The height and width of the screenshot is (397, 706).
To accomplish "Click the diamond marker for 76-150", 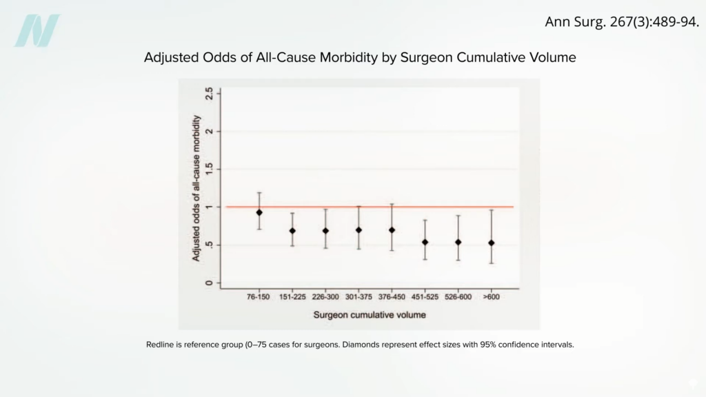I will click(259, 212).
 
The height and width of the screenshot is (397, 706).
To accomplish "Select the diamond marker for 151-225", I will click(292, 231).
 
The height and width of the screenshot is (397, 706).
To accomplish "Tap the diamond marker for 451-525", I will click(425, 242).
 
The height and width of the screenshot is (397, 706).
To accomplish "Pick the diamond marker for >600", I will click(491, 243).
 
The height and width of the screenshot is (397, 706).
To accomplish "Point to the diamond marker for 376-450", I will click(392, 230).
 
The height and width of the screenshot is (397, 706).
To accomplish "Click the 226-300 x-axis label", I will click(325, 298).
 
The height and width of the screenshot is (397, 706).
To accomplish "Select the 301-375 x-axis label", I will click(359, 298).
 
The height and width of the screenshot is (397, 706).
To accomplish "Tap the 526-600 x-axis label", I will click(458, 298).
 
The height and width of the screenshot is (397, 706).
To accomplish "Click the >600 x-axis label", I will click(491, 298).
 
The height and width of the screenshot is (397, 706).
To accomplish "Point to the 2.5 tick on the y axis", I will click(208, 93).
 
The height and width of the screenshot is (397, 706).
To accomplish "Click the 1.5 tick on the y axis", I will click(208, 169).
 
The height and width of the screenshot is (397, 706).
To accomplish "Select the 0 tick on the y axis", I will click(208, 283).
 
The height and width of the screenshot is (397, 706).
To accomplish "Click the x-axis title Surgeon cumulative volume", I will click(370, 315).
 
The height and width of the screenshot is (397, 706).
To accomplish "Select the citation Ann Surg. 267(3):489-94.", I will click(622, 22).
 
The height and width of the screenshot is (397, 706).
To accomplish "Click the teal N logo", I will click(37, 31).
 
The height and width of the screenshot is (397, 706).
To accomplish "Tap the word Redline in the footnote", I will click(160, 344).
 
